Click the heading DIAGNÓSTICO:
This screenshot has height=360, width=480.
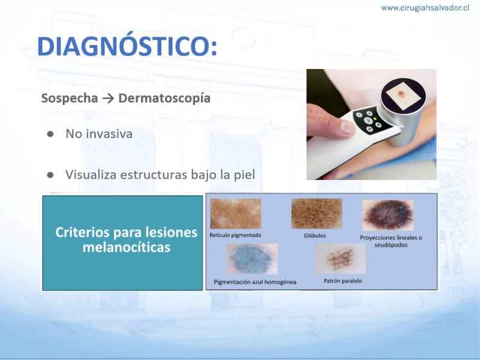click(x=127, y=47)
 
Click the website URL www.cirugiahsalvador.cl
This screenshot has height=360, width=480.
click(x=425, y=8)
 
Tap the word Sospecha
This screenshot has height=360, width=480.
click(x=70, y=98)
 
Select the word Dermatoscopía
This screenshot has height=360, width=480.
click(x=164, y=98)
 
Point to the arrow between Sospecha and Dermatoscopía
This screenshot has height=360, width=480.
click(x=108, y=98)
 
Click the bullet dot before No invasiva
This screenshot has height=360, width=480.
click(x=50, y=134)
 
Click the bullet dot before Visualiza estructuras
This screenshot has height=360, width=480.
click(x=50, y=175)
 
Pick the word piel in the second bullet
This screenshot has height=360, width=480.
click(x=245, y=175)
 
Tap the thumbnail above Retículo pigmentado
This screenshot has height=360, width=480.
click(x=235, y=214)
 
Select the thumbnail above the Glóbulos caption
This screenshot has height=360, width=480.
click(x=317, y=214)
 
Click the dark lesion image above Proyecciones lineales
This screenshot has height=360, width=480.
click(x=388, y=215)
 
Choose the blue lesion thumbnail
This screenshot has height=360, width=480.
click(x=252, y=259)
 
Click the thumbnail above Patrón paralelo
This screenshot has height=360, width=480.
click(x=340, y=259)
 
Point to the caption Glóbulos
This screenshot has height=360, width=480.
click(x=314, y=235)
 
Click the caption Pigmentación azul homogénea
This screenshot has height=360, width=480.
click(x=255, y=282)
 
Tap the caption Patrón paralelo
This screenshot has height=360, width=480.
click(x=343, y=281)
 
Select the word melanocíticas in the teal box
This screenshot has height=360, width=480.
click(x=127, y=247)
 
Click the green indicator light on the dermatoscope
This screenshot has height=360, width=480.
click(x=375, y=118)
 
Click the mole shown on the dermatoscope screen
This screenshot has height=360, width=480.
click(x=400, y=94)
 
